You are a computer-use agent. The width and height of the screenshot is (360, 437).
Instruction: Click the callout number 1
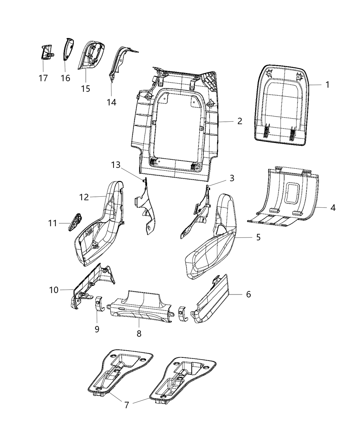(327, 84)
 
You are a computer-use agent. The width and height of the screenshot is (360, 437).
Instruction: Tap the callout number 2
(239, 121)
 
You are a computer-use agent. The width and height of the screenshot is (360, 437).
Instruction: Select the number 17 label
(43, 78)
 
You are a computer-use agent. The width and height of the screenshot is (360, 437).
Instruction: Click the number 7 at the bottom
(127, 405)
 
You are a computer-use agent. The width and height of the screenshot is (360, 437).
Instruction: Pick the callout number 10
(54, 290)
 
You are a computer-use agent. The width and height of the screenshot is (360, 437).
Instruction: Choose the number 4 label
(333, 207)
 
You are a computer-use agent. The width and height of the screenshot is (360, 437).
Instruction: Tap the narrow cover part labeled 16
(68, 49)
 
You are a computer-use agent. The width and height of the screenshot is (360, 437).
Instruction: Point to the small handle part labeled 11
(75, 222)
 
